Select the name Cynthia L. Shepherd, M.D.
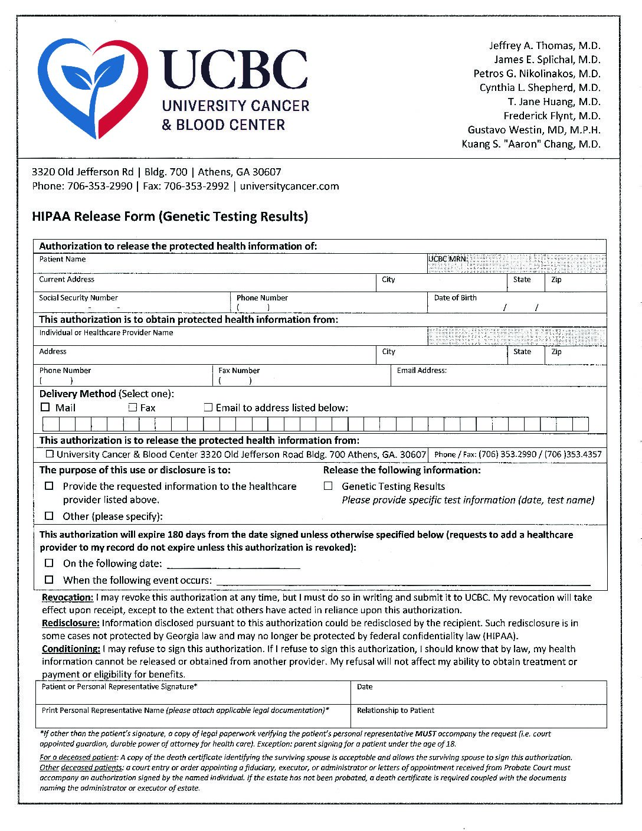click(539, 88)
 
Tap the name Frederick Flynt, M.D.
click(552, 116)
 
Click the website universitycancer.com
click(289, 187)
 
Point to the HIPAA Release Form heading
click(170, 217)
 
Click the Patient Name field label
click(63, 259)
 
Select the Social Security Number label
click(78, 298)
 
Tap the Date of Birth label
click(455, 298)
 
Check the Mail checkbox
click(45, 407)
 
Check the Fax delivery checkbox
click(133, 407)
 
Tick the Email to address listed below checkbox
click(208, 407)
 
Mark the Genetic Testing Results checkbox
click(328, 486)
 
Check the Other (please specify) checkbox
click(50, 516)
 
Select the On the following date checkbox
click(50, 563)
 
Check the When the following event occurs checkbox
click(50, 580)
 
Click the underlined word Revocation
click(67, 597)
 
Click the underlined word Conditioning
click(71, 649)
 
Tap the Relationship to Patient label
click(395, 711)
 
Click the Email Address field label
click(421, 371)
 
